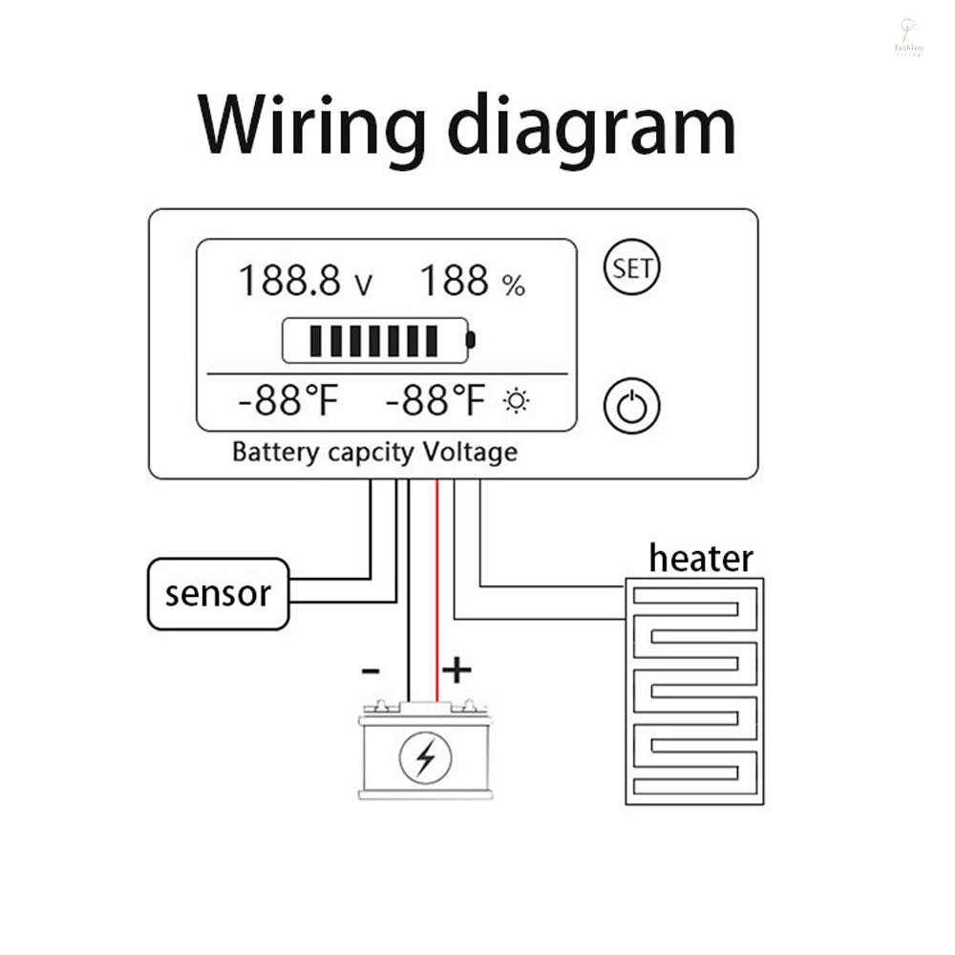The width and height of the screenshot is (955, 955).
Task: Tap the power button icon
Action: (x=632, y=407)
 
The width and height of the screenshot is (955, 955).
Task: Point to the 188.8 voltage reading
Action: (x=288, y=282)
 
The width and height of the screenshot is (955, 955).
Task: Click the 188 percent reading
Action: (x=454, y=282)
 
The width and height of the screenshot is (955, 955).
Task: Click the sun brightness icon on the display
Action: (x=517, y=401)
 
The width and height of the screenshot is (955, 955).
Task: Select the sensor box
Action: (x=218, y=594)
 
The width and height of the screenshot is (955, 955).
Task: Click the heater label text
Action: (x=701, y=558)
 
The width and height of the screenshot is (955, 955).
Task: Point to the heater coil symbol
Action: (x=694, y=690)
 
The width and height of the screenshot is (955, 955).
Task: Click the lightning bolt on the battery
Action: (x=425, y=757)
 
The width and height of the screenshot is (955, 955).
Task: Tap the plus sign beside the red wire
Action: (x=456, y=670)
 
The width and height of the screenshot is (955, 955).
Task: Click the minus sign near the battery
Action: (x=370, y=671)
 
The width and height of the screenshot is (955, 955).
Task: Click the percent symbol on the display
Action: (x=514, y=285)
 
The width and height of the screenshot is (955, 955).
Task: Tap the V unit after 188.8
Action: (x=363, y=285)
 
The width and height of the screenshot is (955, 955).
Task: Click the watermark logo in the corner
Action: (x=907, y=35)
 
